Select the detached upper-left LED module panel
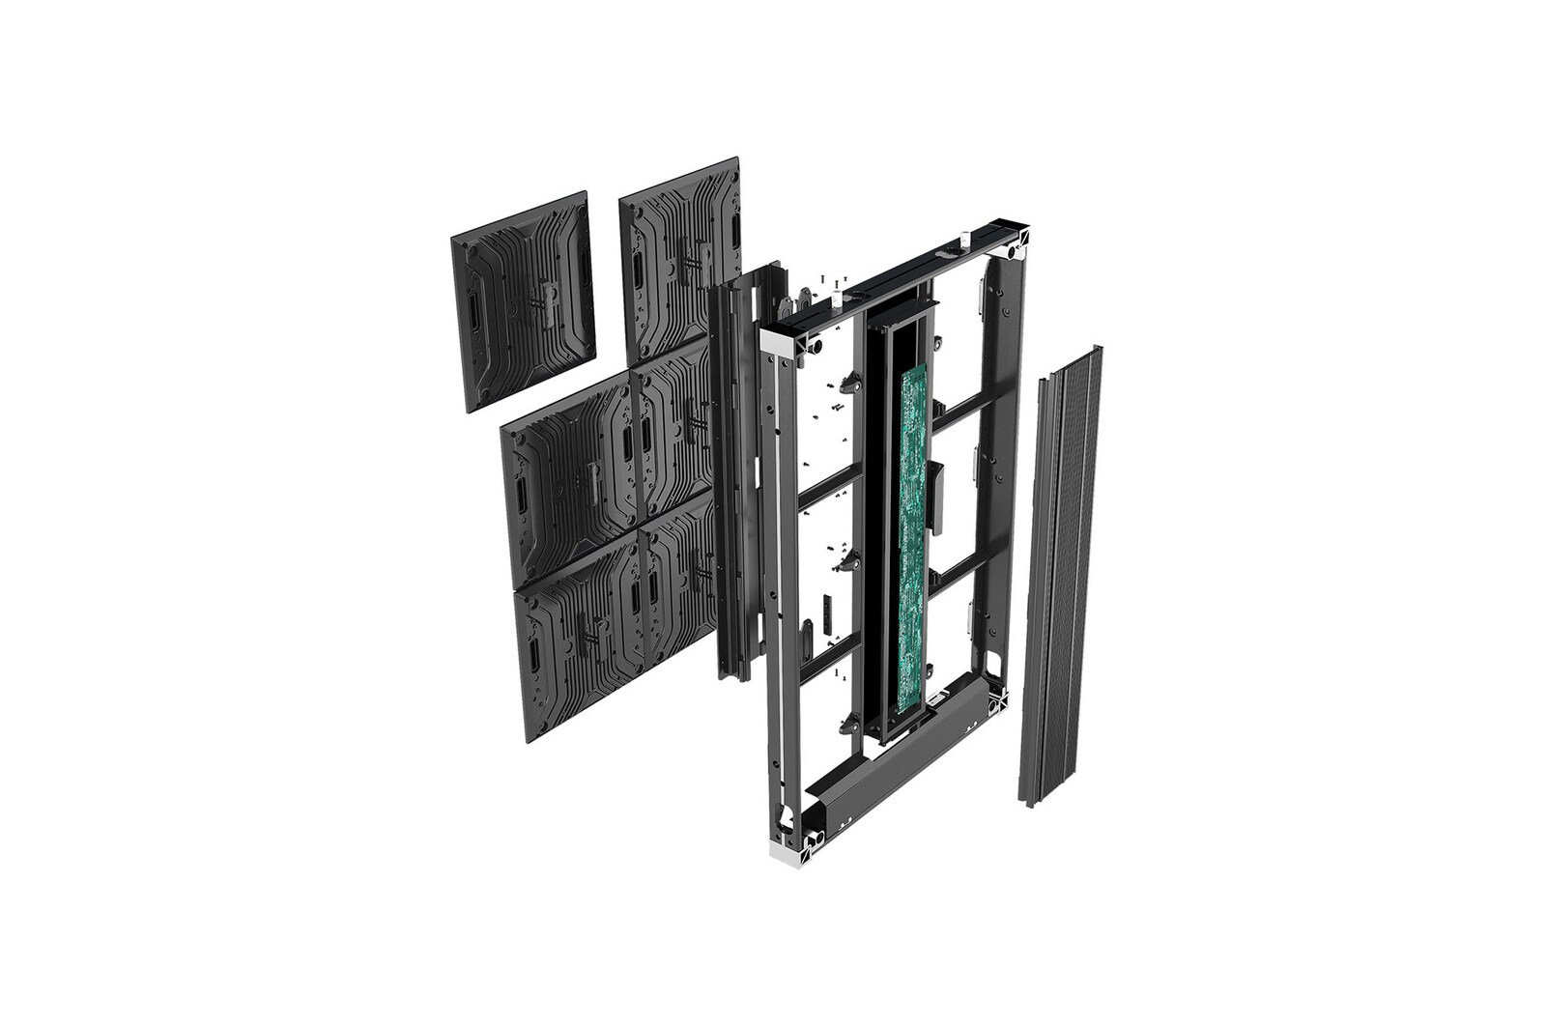(x=523, y=299)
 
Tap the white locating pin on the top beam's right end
(x=963, y=238)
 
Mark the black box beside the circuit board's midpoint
(x=934, y=498)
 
